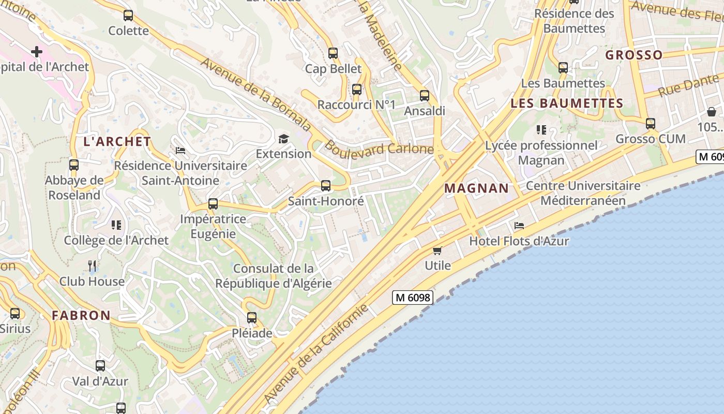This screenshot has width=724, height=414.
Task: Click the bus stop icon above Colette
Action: click(128, 16)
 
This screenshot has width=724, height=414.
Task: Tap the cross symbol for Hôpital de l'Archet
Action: click(37, 51)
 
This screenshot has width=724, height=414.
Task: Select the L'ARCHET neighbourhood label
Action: click(117, 141)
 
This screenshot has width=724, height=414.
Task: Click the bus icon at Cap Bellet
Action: click(333, 53)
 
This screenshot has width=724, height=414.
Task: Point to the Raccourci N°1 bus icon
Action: click(356, 89)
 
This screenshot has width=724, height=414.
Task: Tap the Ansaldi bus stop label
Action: click(424, 111)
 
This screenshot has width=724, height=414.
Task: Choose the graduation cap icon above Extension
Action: click(283, 138)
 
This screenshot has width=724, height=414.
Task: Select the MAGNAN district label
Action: click(476, 188)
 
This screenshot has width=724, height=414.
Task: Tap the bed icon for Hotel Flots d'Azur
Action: click(519, 225)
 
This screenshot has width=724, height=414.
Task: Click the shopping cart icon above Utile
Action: click(438, 251)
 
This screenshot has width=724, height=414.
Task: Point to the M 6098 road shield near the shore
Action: click(412, 298)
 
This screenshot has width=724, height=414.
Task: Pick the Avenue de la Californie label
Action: click(316, 354)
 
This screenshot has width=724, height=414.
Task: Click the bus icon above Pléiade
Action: click(252, 317)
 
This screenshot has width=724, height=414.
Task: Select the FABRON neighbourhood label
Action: click(81, 315)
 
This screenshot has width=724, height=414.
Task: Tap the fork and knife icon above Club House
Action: click(92, 266)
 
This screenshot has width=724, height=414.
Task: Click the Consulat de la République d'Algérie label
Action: click(273, 276)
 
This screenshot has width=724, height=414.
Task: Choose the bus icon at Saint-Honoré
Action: click(326, 185)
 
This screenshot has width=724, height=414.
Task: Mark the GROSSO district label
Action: click(633, 55)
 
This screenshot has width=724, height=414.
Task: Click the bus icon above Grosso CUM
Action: click(651, 123)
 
